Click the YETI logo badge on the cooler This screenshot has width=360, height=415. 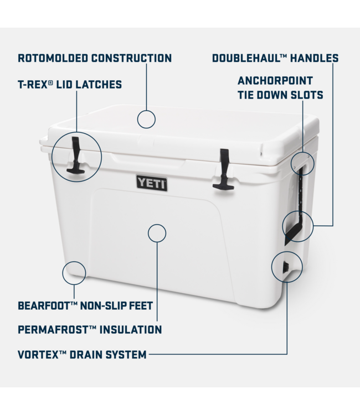tap(152, 183)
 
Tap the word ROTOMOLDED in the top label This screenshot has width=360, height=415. tap(54, 58)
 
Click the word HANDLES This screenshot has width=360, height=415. tap(315, 58)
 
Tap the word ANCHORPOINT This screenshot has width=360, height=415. tap(275, 81)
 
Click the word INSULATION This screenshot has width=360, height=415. tap(130, 330)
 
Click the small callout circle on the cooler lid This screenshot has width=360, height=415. tap(146, 118)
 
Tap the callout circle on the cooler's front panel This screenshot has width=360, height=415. tap(157, 233)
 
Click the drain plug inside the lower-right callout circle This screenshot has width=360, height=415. tap(286, 268)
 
